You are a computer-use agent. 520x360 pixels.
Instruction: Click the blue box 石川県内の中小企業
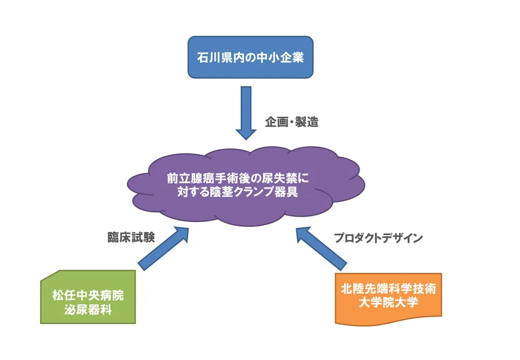[x=250, y=58]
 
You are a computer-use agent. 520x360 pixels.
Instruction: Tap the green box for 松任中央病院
[x=88, y=297]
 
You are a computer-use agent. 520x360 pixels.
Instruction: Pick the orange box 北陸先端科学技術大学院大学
[x=388, y=297]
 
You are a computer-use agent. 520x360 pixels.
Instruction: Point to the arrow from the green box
[x=163, y=248]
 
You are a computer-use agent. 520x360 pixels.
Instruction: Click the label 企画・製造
[x=292, y=122]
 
